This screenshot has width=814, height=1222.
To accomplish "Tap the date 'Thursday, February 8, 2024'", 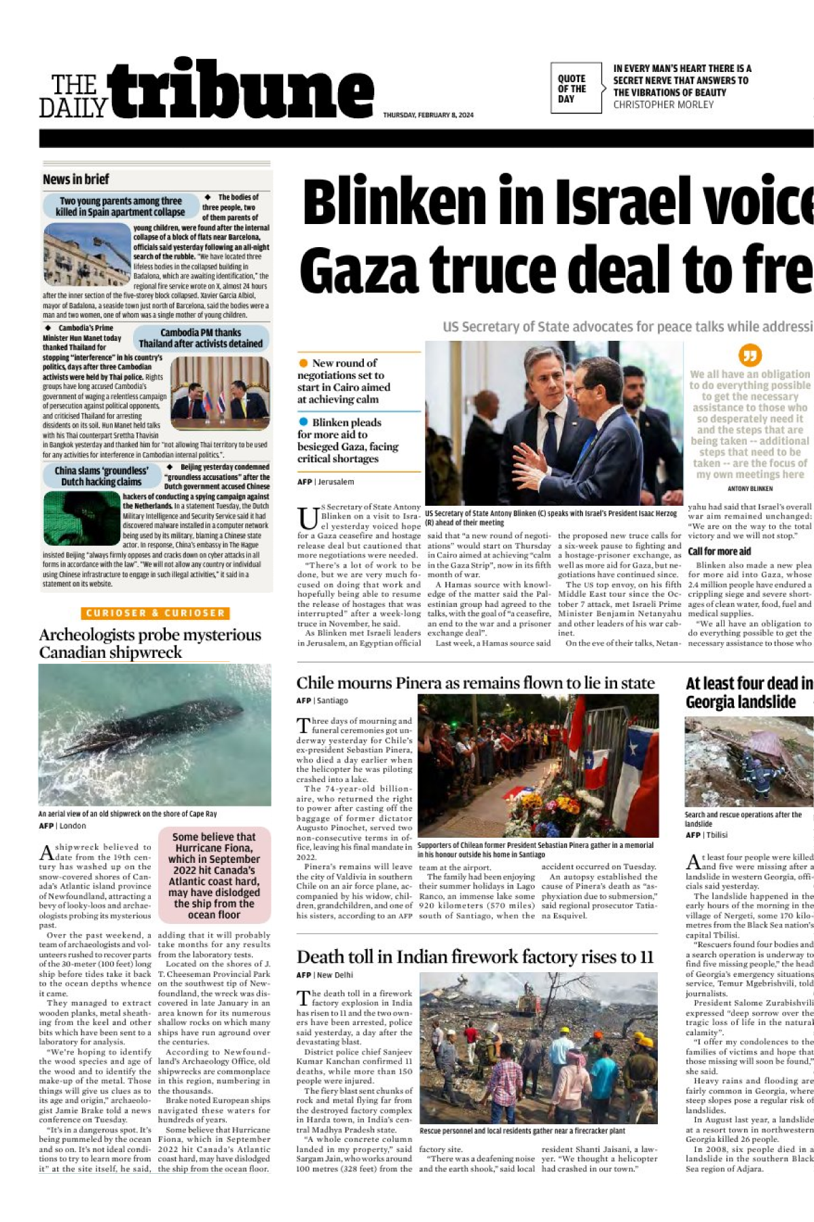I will [x=428, y=115].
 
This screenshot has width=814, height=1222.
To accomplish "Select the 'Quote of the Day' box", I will [x=575, y=88].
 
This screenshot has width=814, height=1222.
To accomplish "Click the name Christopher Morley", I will [x=663, y=105].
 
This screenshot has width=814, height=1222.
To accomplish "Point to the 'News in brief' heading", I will [x=76, y=180].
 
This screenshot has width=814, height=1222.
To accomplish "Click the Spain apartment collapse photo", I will [x=86, y=255].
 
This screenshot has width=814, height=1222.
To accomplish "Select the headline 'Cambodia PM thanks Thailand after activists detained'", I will [x=200, y=338].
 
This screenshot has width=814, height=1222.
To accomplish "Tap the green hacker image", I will [x=81, y=519].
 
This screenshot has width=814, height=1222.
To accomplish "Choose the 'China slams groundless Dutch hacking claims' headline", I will [x=101, y=476].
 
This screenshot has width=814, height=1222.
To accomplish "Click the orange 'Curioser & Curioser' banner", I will [x=155, y=613].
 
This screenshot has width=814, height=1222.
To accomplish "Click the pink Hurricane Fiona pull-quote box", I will [x=214, y=875].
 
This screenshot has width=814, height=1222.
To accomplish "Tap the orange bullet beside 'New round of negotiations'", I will [x=303, y=363].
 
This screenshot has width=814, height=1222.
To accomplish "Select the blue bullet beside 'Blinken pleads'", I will [x=303, y=422].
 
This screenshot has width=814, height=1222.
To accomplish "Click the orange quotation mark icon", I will [x=750, y=355].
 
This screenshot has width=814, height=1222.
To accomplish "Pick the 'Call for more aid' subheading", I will [x=719, y=551].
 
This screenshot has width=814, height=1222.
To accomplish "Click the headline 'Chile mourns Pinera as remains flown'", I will [x=475, y=683].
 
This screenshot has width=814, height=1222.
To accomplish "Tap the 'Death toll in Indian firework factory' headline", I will [x=475, y=957].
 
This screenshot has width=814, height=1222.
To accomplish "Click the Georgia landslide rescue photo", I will [x=749, y=762].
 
